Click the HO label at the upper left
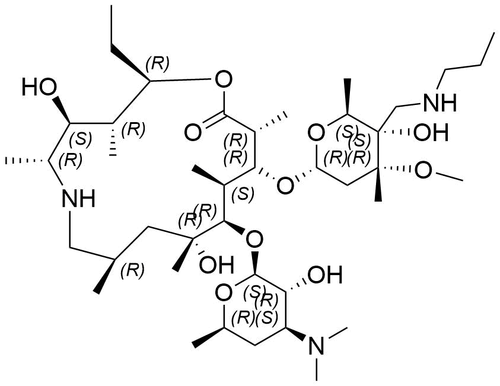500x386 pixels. [x=39, y=87]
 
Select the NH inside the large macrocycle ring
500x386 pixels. [x=78, y=198]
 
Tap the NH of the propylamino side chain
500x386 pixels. [x=440, y=103]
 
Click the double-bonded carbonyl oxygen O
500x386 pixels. [x=193, y=133]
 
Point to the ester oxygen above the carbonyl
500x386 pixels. [x=223, y=79]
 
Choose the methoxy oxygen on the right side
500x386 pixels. [x=423, y=170]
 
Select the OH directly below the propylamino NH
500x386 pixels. [x=431, y=132]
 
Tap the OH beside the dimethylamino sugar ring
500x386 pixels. [x=325, y=275]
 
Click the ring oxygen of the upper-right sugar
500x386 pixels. [x=316, y=133]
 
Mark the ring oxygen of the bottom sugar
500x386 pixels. [x=223, y=294]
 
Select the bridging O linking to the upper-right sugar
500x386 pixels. [x=285, y=186]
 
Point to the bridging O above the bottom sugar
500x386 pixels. [x=255, y=238]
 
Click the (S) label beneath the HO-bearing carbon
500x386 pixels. [x=81, y=140]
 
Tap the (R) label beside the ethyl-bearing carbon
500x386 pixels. [x=157, y=65]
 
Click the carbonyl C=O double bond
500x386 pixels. [x=214, y=120]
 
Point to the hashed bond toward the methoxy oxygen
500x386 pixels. [x=396, y=168]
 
